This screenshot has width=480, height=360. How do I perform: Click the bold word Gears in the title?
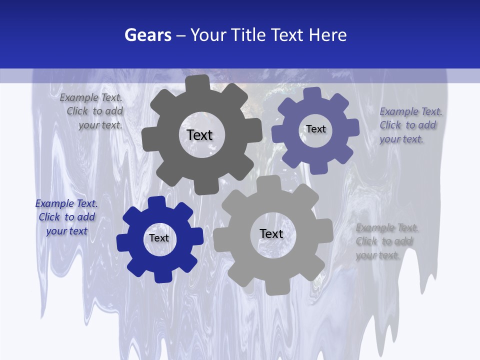148,35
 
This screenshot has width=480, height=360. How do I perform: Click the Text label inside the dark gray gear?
199,135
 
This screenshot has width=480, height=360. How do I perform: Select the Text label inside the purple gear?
315,129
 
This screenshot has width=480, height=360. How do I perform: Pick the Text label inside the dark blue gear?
159,238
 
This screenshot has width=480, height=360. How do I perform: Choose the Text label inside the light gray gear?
271,233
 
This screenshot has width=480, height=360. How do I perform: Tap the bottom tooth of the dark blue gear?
163,276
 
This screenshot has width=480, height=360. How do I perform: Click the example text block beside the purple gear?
410,125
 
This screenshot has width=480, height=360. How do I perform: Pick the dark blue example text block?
66,217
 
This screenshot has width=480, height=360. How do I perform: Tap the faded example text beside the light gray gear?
386,241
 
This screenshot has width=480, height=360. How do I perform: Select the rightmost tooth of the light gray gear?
326,230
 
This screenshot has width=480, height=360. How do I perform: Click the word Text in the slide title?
287,35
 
